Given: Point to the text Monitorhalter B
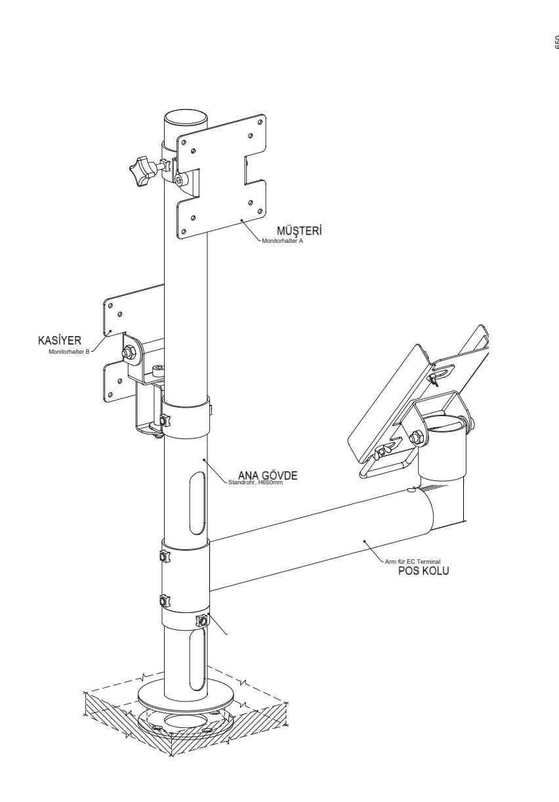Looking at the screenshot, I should [70, 351].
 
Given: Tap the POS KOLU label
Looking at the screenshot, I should [423, 570].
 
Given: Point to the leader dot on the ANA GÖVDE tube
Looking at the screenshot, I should [205, 461].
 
